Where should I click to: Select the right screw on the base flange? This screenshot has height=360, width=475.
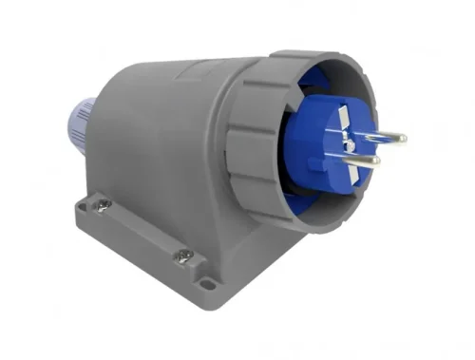coord(182,256)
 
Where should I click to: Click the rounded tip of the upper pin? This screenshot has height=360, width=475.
coord(403,138)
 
